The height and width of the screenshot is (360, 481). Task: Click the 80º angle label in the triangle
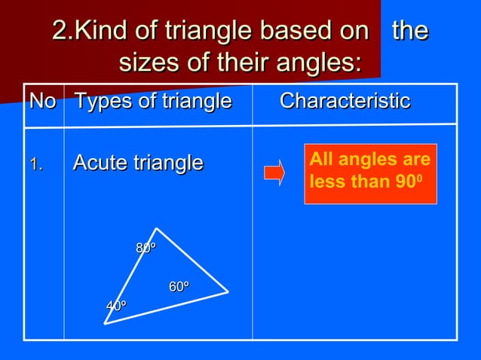pos(146,248)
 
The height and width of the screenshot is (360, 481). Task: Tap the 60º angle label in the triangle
pos(178,287)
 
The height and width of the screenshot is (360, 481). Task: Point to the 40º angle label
pos(115,306)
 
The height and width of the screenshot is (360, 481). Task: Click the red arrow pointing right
pos(274,172)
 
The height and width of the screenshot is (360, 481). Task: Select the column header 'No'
pos(42,101)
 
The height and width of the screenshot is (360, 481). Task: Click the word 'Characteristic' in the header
pos(345,101)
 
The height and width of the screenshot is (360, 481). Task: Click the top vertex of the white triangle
pos(156,228)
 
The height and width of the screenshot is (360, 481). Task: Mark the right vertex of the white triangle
pos(228,291)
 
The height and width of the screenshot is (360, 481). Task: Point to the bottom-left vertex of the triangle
pos(105,324)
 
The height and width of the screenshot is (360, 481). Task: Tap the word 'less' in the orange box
pos(325,183)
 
